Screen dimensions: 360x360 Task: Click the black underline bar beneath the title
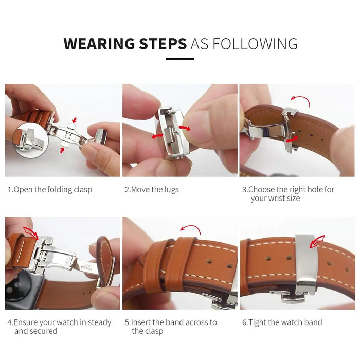pos(180,59)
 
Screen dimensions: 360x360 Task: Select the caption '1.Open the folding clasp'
pos(50,189)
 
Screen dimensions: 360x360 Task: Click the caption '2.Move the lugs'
pos(152,189)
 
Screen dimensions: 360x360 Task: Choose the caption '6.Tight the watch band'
pos(282,322)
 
